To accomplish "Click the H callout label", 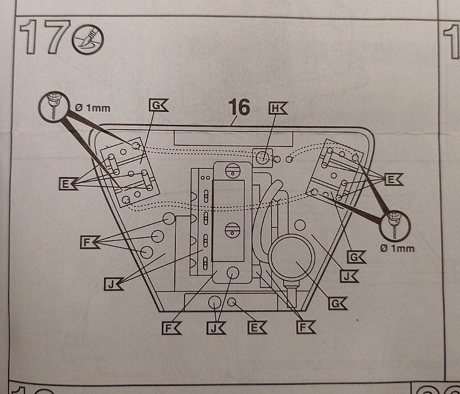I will click(x=277, y=109).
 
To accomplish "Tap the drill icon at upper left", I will click(x=51, y=106).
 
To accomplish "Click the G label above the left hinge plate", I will click(x=156, y=105).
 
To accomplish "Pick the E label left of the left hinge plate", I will click(x=67, y=184).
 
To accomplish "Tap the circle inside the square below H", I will click(x=262, y=156).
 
